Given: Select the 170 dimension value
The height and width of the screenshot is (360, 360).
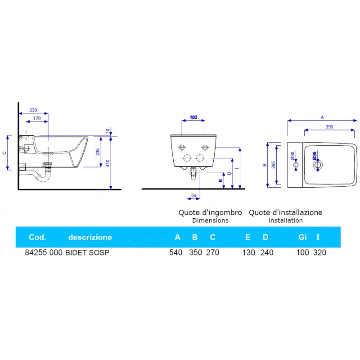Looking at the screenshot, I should (x=37, y=118).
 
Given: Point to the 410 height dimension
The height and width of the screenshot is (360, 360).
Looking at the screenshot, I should (x=108, y=163).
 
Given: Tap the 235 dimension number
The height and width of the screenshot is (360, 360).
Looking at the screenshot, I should (x=97, y=152).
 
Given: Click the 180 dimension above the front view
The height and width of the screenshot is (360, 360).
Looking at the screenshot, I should (x=193, y=117).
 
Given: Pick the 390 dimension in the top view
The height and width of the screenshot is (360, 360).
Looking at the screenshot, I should (x=328, y=127).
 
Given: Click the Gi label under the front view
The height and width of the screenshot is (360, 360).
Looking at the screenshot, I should (x=193, y=195).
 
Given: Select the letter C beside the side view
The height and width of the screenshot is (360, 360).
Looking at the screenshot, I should (x=4, y=153).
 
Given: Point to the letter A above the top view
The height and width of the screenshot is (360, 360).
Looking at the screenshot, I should (x=322, y=117).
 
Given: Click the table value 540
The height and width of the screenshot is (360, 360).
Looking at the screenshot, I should (x=175, y=252).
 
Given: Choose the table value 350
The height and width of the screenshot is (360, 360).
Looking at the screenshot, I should (x=195, y=252).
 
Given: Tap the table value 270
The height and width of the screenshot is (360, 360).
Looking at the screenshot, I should (x=212, y=252).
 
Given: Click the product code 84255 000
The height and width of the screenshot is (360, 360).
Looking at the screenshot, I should (x=43, y=252).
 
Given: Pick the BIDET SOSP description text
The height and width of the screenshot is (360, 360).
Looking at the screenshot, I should (x=87, y=252).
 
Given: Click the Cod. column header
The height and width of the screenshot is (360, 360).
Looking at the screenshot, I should (x=37, y=237).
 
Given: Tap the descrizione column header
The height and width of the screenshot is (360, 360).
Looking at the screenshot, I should (x=90, y=237).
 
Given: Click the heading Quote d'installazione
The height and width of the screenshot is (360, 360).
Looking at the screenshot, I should (x=286, y=212).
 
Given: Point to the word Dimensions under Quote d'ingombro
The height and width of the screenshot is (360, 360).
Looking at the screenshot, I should (x=210, y=220).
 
